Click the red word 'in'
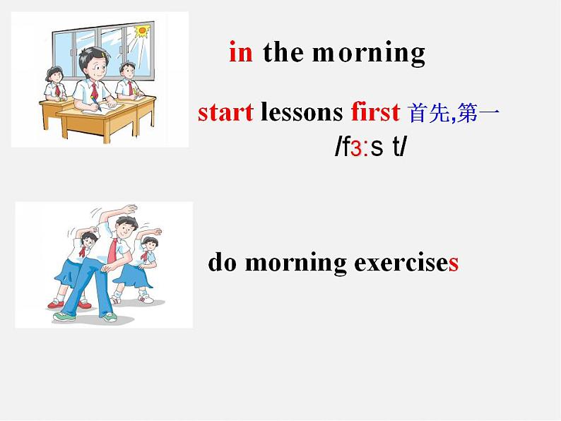click(240, 52)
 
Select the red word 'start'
click(225, 112)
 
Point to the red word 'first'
click(375, 112)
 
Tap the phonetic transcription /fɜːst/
click(370, 149)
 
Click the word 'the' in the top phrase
click(283, 52)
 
